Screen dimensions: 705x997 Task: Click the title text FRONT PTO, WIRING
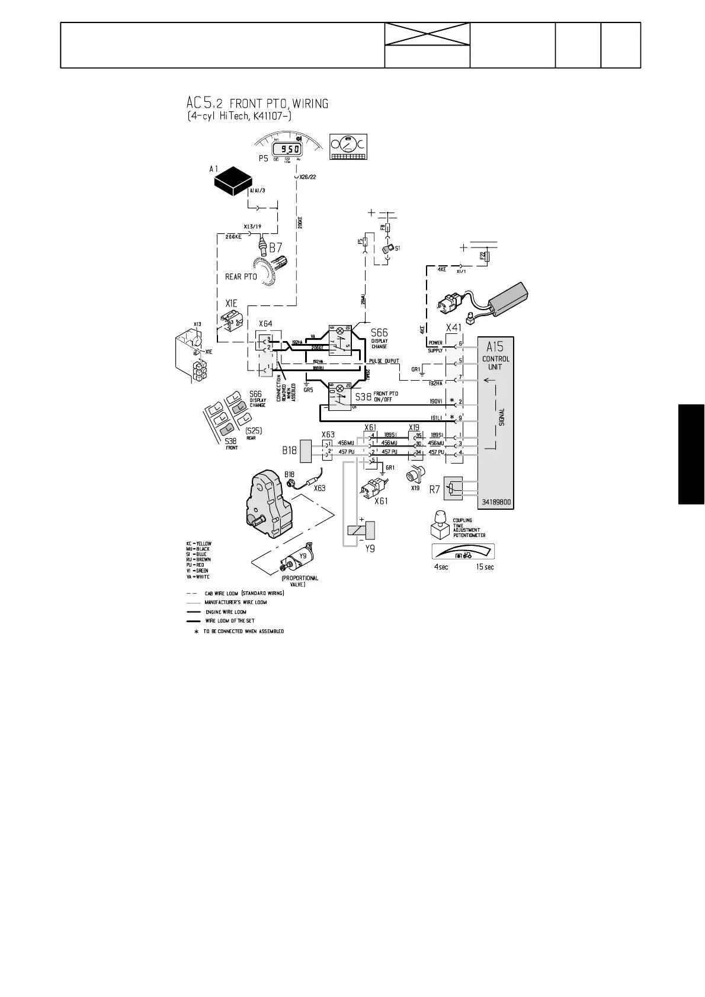(x=278, y=104)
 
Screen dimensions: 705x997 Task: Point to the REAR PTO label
(x=241, y=276)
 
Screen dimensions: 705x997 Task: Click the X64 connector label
(x=265, y=323)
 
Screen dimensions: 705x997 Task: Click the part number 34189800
(x=496, y=502)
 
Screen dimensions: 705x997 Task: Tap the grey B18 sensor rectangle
(x=306, y=451)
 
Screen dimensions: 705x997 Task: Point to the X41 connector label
(x=453, y=328)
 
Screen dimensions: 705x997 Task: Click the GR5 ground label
(x=308, y=390)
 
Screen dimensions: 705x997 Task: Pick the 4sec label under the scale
(x=441, y=567)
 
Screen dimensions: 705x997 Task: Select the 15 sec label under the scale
(x=485, y=567)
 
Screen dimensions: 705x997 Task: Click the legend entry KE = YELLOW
(x=198, y=543)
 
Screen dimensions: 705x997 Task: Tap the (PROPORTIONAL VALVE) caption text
(x=300, y=581)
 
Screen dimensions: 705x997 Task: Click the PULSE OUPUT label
(x=384, y=361)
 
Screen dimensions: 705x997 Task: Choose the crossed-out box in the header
(x=427, y=34)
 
